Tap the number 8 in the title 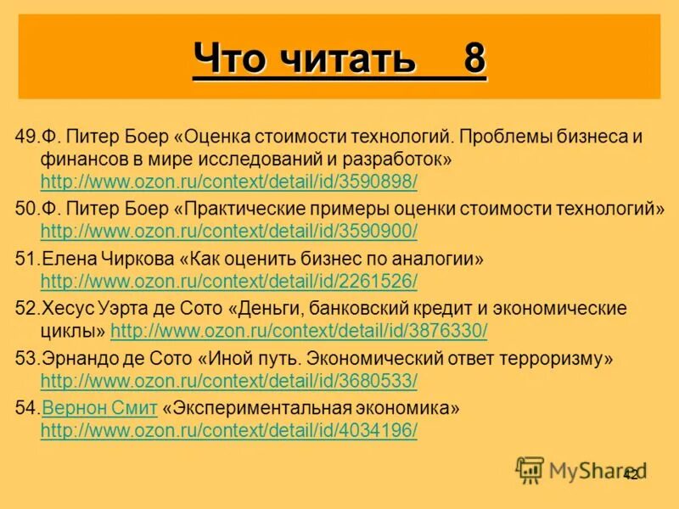click(474, 59)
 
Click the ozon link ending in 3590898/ click(228, 182)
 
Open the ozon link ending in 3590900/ click(228, 231)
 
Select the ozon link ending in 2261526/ click(228, 281)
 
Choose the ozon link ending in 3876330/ click(299, 330)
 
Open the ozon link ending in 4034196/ click(228, 430)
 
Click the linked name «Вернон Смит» click(99, 408)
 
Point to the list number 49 click(25, 136)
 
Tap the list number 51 click(25, 259)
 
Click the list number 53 click(25, 358)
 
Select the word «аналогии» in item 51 click(438, 259)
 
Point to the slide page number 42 click(631, 474)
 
